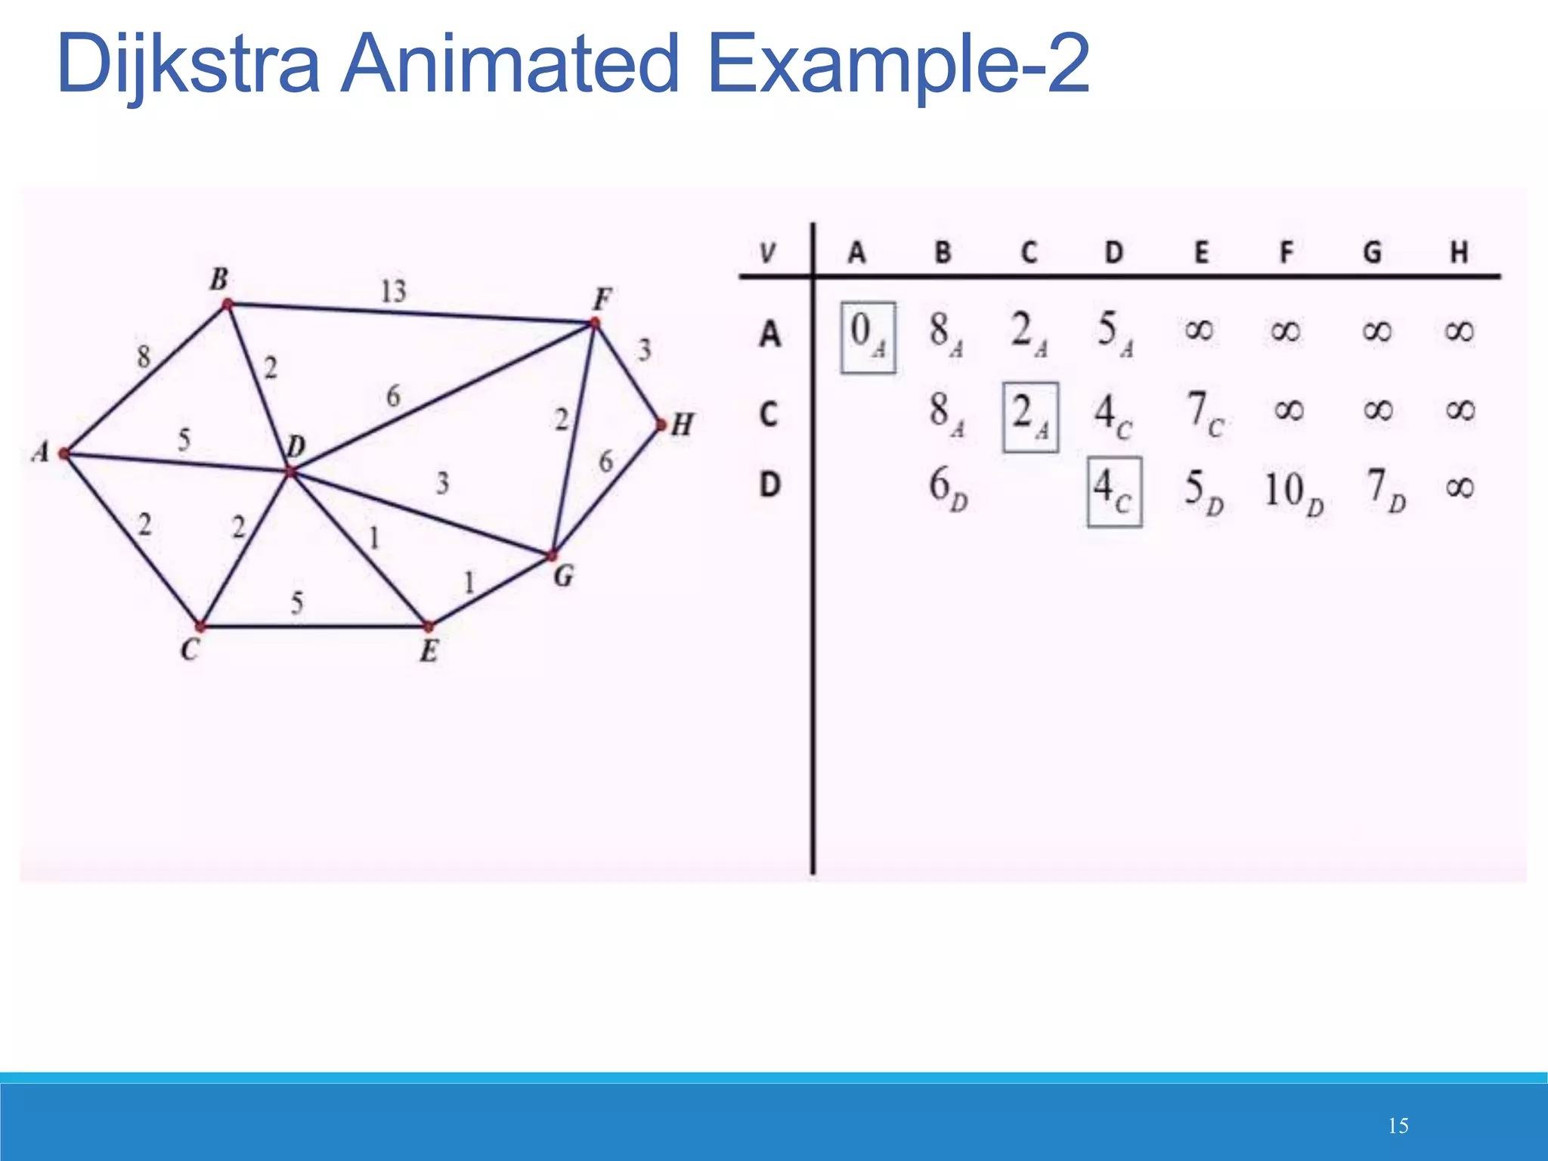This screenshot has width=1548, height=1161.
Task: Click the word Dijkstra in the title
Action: [188, 65]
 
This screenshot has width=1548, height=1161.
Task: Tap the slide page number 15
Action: [1398, 1126]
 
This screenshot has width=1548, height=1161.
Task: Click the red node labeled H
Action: [661, 426]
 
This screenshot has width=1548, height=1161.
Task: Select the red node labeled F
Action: [595, 324]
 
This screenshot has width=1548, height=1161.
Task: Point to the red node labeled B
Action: [227, 305]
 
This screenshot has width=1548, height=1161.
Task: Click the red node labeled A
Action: [64, 454]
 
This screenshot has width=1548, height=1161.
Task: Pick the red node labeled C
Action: [200, 627]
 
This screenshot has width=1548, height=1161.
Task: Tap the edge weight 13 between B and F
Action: [393, 291]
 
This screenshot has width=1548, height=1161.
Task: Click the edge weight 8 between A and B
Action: [144, 356]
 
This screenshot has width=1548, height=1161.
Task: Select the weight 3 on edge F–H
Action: [644, 350]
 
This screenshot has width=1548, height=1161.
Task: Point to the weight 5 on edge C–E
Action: [297, 602]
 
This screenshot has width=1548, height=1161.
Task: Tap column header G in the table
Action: [1373, 252]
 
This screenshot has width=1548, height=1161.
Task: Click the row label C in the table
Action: [769, 414]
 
